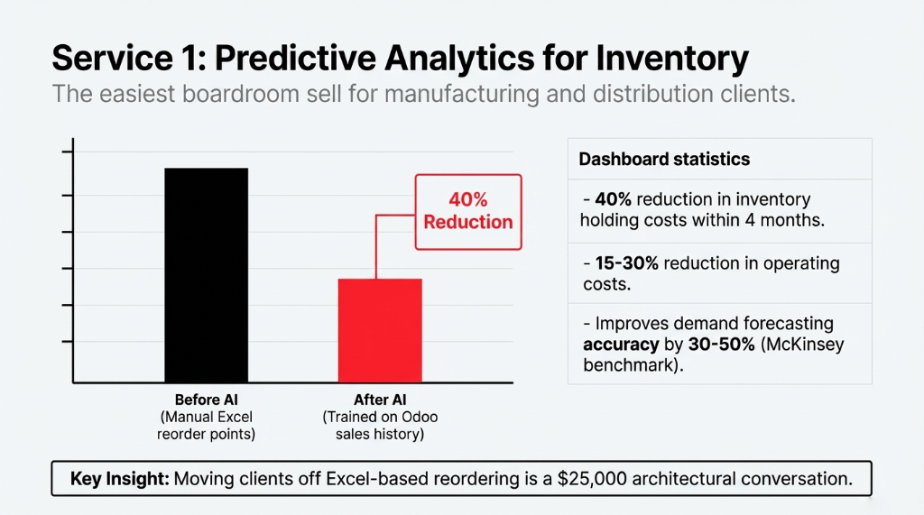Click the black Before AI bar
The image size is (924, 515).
(206, 275)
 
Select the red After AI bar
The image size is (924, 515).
(379, 330)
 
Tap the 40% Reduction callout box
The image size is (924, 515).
(467, 212)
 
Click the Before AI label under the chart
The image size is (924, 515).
(206, 400)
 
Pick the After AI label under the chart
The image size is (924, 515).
(379, 400)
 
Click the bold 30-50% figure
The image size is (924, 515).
(688, 345)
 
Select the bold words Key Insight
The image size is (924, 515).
(120, 479)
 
